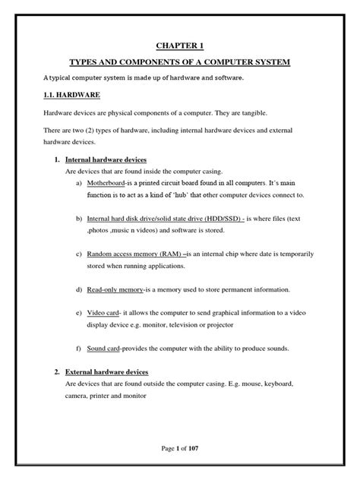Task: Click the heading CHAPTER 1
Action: pos(179,45)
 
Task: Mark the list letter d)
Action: pos(81,290)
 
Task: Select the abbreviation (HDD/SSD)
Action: pos(219,218)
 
